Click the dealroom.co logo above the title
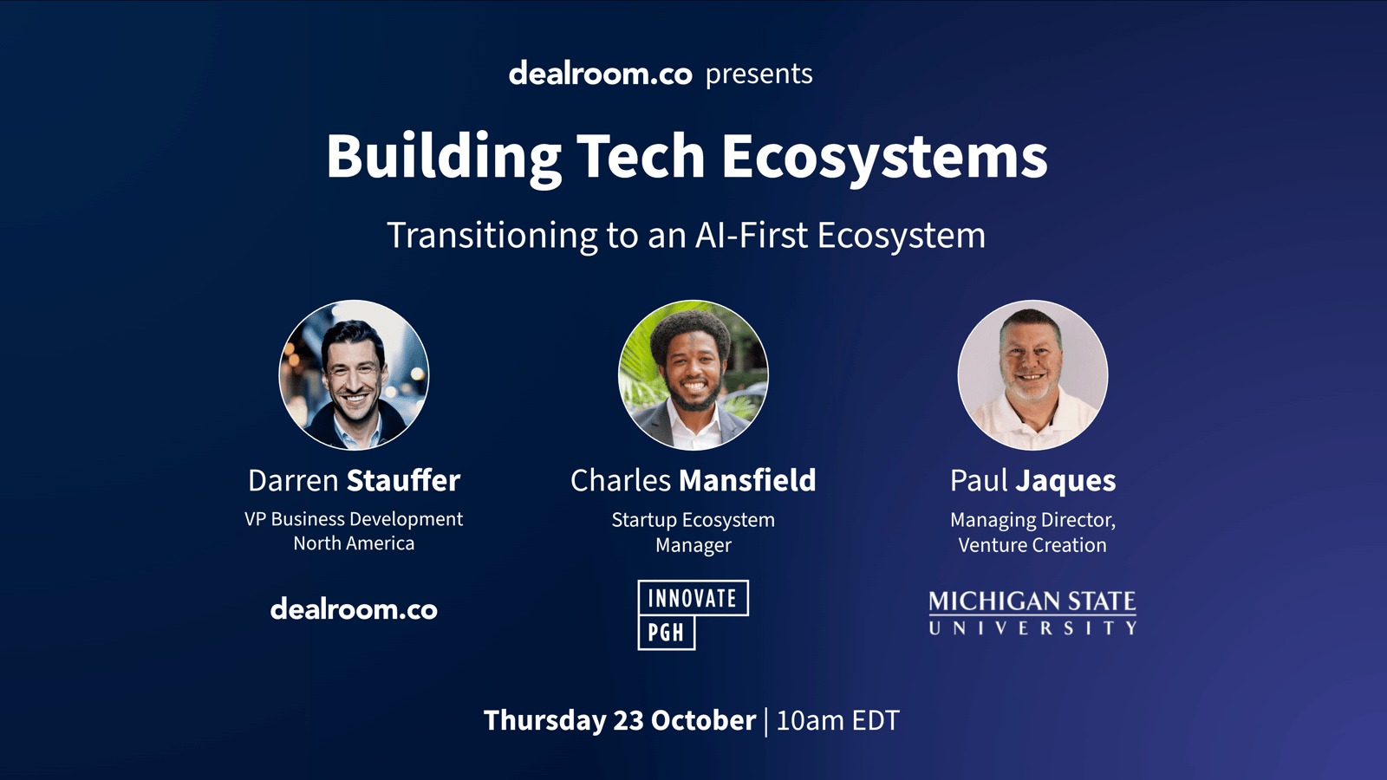tap(600, 73)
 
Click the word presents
tap(759, 75)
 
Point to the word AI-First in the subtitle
tap(751, 235)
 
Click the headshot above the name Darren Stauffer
tap(355, 375)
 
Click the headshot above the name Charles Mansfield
tap(693, 375)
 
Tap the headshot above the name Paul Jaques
tap(1032, 375)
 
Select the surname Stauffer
tap(403, 480)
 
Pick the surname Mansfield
tap(747, 480)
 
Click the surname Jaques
tap(1066, 482)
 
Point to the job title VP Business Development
tap(354, 519)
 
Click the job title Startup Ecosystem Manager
tap(693, 532)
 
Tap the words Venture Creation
tap(1032, 545)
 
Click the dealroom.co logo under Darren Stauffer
tap(354, 610)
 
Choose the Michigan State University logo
tap(1032, 613)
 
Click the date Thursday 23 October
tap(620, 720)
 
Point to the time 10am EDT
tap(837, 720)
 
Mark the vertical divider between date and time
tap(766, 722)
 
